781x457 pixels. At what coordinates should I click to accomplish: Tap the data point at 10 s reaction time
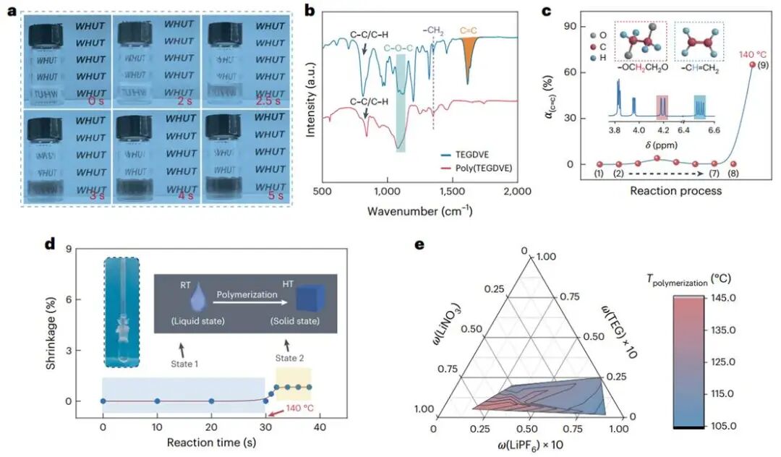click(157, 401)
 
